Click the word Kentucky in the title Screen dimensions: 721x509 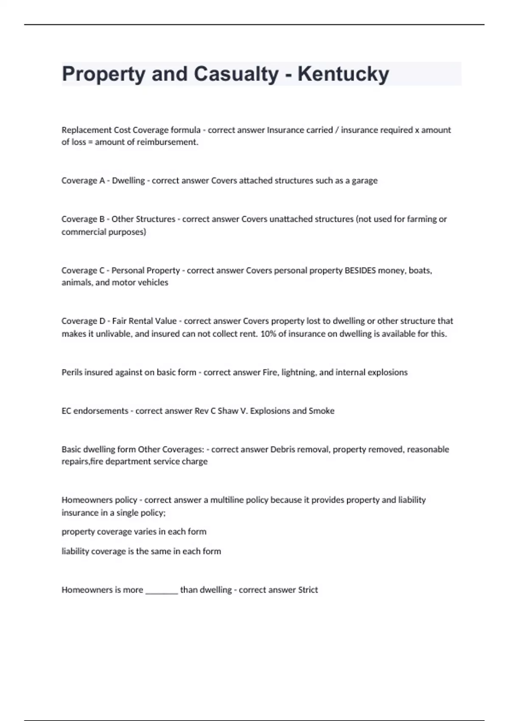[343, 74]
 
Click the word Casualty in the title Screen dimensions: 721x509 [236, 74]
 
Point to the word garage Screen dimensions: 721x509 [364, 181]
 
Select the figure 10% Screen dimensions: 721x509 [268, 334]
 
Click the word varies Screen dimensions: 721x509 [145, 532]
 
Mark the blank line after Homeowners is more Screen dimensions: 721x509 [162, 591]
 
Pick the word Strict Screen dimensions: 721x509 [308, 590]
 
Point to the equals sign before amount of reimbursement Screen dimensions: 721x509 [90, 143]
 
